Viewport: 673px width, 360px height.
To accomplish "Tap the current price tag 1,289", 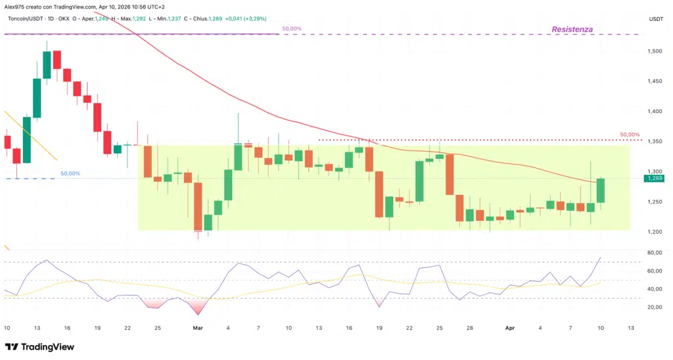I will pyautogui.click(x=655, y=178).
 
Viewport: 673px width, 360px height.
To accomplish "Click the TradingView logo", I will pyautogui.click(x=40, y=347).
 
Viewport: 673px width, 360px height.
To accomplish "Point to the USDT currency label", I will pyautogui.click(x=656, y=19).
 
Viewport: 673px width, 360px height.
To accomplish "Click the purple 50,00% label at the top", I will pyautogui.click(x=292, y=29).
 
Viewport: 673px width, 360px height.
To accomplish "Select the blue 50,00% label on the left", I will pyautogui.click(x=70, y=173).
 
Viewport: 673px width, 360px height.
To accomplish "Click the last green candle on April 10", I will pyautogui.click(x=601, y=191).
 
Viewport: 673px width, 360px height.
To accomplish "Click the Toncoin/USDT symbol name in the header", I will pyautogui.click(x=30, y=19).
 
